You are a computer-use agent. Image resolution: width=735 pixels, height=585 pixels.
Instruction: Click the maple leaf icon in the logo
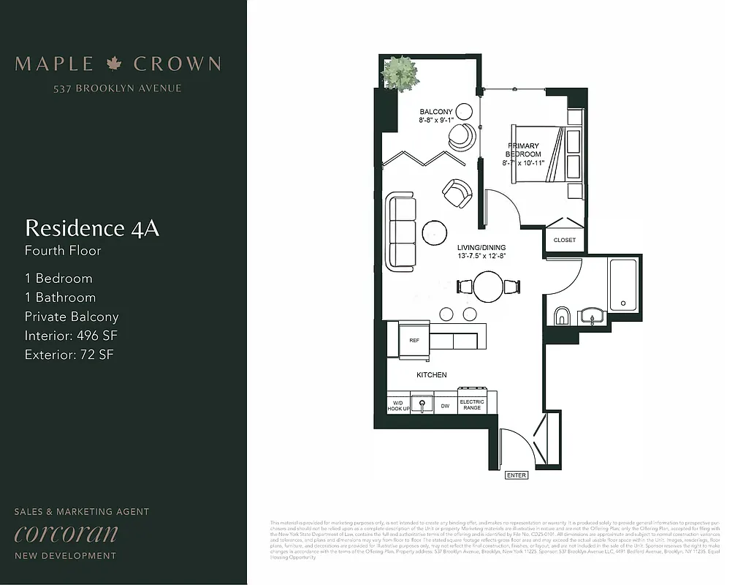[x=113, y=64]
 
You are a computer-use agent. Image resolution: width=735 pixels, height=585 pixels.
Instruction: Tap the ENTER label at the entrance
[x=516, y=475]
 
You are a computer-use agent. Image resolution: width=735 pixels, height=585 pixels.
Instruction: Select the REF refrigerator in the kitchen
[x=414, y=341]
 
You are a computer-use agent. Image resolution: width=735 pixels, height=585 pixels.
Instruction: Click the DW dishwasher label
[x=445, y=404]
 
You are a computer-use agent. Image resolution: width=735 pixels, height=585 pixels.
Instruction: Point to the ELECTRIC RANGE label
[x=472, y=404]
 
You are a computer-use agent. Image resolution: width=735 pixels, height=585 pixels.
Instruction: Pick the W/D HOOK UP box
[x=398, y=404]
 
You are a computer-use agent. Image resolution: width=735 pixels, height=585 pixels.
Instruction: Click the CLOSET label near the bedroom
[x=564, y=240]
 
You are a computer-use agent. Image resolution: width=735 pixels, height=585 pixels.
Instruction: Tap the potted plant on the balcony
[x=400, y=73]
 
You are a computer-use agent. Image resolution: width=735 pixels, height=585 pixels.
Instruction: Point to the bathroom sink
[x=592, y=317]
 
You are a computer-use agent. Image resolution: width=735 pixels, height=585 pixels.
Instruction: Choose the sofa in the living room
[x=401, y=230]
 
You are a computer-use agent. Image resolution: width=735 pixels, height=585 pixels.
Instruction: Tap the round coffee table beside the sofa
[x=435, y=233]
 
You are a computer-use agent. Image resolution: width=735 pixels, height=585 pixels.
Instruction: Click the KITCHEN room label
[x=431, y=375]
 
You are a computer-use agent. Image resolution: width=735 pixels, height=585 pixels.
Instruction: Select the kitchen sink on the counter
[x=422, y=403]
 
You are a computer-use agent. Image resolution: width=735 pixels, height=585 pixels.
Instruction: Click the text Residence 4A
[x=92, y=228]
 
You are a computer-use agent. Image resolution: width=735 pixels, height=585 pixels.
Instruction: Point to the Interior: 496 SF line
[x=71, y=336]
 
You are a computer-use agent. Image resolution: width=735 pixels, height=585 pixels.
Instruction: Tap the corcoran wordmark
[x=66, y=533]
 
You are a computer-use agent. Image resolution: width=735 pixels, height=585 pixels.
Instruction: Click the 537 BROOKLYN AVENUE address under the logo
[x=117, y=88]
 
